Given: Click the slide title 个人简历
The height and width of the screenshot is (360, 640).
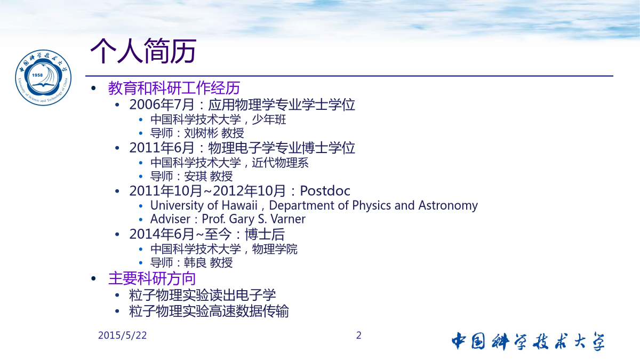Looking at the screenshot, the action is pos(143,51).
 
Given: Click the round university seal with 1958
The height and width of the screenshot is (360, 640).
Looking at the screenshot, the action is pos(43,77).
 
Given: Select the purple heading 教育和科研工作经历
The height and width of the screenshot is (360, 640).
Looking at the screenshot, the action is pos(174,87).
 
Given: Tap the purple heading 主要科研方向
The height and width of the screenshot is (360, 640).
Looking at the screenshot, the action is pos(152,278).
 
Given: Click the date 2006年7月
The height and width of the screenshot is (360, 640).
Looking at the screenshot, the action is pos(162,105).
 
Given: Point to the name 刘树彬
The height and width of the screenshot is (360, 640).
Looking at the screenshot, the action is pos(201,133).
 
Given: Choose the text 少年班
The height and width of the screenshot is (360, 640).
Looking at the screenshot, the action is pos(269,119).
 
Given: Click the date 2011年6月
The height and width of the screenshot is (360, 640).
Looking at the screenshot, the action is pos(162,148).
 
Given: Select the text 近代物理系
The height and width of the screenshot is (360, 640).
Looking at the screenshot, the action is pos(280,163).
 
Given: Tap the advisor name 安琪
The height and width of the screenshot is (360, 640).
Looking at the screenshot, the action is pos(195,177).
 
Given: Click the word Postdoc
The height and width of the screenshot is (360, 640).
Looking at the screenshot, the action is pos(325,191).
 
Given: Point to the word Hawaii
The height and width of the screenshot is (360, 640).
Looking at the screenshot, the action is pos(239,205).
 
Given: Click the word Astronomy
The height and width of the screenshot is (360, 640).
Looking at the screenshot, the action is pos(448,206).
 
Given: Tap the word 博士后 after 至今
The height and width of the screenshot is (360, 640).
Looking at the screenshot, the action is pos(265,234).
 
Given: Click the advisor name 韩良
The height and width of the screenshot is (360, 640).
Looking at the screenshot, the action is pos(195,262).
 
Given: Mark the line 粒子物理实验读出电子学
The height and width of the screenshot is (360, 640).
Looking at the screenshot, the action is pos(203,295).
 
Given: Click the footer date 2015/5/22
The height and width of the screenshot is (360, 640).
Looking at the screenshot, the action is pos(122,335).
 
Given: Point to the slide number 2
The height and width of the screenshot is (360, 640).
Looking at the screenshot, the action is pos(359,335).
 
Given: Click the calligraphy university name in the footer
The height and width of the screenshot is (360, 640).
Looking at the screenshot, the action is pos(528,341).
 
